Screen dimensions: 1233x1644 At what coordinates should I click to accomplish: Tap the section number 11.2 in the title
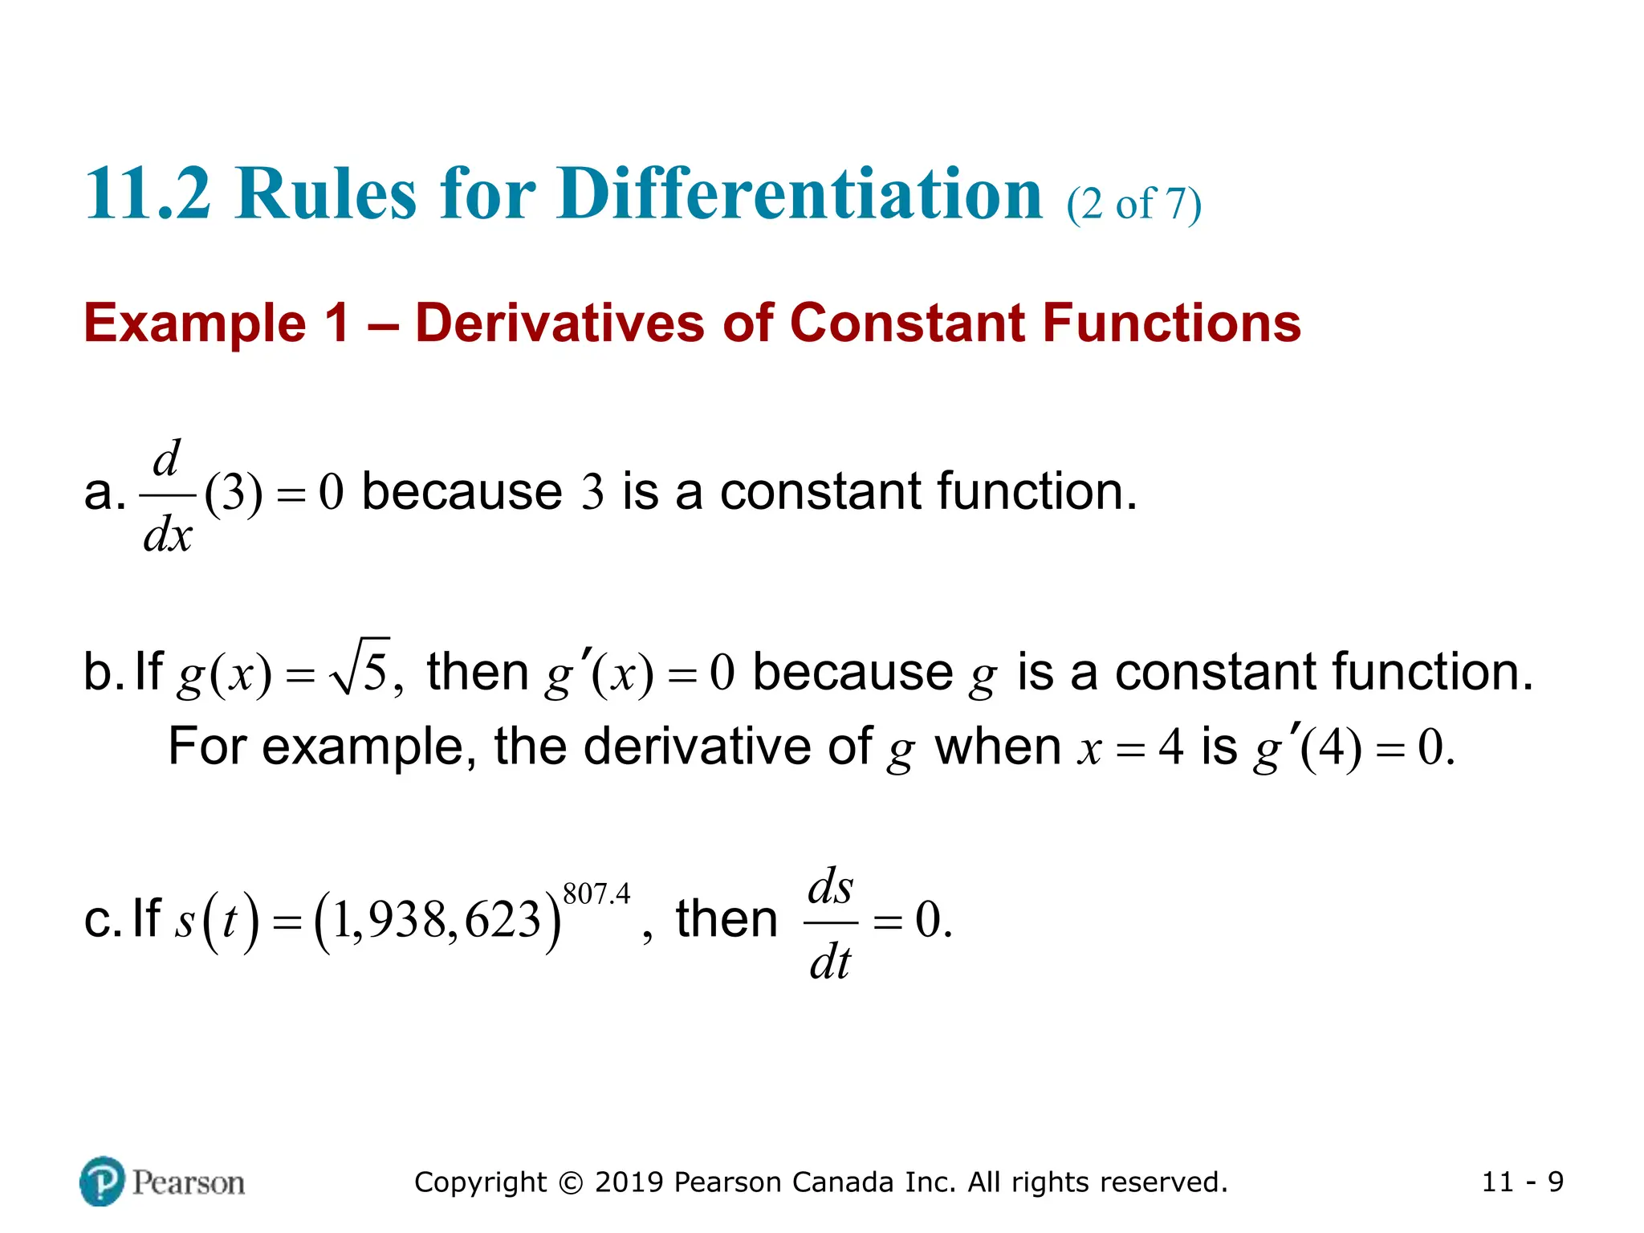148,194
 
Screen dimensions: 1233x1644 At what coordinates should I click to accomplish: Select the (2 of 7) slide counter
1133,204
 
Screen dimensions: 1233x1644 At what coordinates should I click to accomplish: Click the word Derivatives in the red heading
560,323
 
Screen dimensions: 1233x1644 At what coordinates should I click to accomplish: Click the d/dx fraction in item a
167,496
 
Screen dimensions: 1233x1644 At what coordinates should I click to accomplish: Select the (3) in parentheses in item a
233,493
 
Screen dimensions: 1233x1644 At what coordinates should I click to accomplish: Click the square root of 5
361,668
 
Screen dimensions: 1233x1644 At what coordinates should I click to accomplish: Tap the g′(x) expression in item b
598,673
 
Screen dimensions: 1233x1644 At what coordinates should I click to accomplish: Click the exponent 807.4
596,894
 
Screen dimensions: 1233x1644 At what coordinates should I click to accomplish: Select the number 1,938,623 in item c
437,920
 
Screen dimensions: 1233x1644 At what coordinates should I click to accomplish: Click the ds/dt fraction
830,923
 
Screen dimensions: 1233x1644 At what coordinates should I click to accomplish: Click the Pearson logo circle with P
102,1181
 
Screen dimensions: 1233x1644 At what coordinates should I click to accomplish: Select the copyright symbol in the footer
570,1182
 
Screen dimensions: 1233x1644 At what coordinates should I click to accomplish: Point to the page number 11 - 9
1522,1182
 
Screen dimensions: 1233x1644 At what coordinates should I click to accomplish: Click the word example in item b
363,747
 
